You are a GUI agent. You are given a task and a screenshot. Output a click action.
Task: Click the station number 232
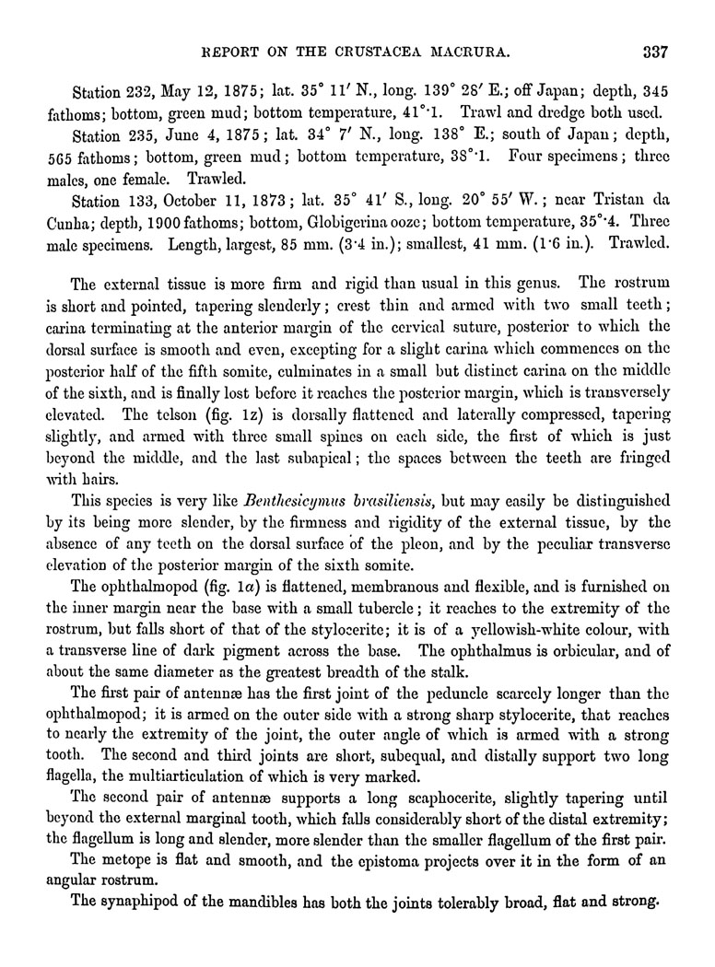pyautogui.click(x=138, y=93)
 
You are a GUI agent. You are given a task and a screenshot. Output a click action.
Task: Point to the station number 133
pyautogui.click(x=138, y=199)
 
